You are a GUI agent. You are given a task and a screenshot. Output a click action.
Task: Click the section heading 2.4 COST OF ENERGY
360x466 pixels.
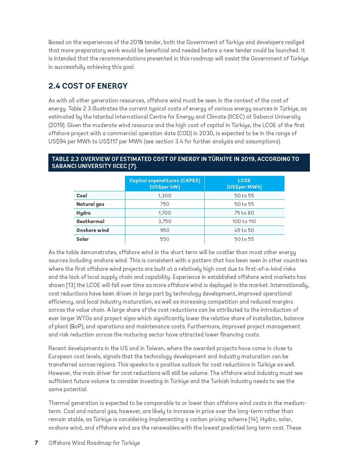click(x=88, y=86)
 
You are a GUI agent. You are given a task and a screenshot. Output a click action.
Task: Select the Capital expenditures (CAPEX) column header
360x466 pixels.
click(x=165, y=184)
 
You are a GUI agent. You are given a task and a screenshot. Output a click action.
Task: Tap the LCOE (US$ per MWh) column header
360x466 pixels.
click(x=244, y=184)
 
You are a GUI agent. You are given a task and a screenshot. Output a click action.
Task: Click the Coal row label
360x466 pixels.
click(x=82, y=196)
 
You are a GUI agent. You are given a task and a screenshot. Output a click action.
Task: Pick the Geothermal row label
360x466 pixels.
click(x=90, y=221)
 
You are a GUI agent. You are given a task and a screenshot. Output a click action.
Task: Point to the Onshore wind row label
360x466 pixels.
click(x=92, y=230)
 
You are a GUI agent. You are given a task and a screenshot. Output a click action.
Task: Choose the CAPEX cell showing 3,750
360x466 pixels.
click(x=164, y=221)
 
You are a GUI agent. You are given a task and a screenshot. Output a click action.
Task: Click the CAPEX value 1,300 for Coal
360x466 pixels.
click(x=164, y=196)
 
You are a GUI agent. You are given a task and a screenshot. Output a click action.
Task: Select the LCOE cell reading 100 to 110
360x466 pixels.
click(x=244, y=221)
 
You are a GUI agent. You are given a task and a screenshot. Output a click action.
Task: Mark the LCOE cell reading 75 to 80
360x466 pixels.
click(x=244, y=213)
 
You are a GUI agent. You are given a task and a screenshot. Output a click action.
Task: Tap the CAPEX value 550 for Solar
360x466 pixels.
click(x=164, y=239)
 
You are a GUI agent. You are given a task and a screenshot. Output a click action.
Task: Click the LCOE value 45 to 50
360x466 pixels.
click(x=244, y=230)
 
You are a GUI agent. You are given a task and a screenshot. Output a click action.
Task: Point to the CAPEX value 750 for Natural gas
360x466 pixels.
click(x=164, y=204)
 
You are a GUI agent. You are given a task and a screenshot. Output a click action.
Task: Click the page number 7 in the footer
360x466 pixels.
click(x=36, y=443)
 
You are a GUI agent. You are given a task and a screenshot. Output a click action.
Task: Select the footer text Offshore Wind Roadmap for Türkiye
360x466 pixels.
click(x=94, y=443)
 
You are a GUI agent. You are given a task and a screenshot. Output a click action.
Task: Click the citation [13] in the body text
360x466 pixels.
click(x=71, y=285)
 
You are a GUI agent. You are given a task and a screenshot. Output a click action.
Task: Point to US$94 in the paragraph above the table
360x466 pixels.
click(x=57, y=142)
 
